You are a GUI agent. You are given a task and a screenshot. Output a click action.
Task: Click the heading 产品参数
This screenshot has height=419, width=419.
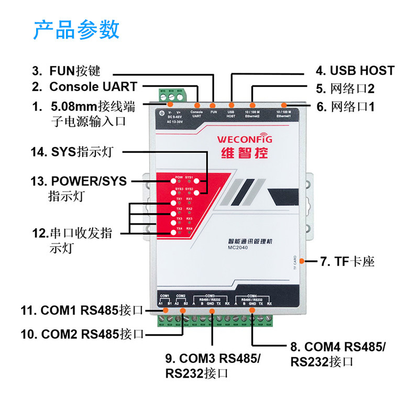(x=76, y=30)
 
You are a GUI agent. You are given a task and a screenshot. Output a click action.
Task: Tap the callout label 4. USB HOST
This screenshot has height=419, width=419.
(x=355, y=71)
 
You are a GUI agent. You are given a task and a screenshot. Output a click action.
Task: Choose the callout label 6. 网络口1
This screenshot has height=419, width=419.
(x=346, y=107)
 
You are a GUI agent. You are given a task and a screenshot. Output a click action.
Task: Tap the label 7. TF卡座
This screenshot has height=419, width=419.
(x=347, y=261)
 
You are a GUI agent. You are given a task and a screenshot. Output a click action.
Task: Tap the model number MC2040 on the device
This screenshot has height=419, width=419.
(x=238, y=248)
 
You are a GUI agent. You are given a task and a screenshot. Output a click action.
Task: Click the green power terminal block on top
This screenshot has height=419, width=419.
(x=171, y=97)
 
